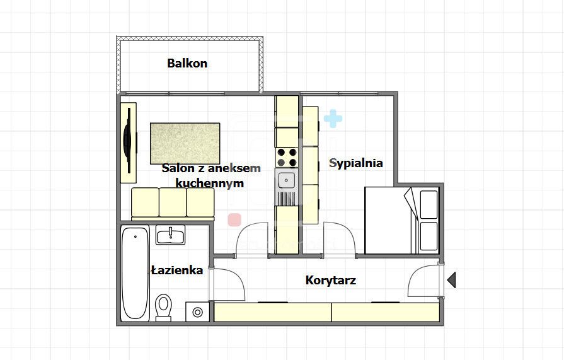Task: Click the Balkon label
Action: click(x=187, y=63)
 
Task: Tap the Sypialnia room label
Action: click(x=355, y=163)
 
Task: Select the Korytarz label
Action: click(x=330, y=280)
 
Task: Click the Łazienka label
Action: click(x=176, y=270)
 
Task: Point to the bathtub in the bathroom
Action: click(x=135, y=274)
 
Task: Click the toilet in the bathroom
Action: click(x=164, y=307)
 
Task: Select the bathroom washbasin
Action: click(x=170, y=236)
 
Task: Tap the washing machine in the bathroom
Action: click(x=198, y=311)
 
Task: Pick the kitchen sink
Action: click(x=287, y=181)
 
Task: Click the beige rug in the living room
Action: click(x=185, y=142)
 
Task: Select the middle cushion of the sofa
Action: click(x=173, y=202)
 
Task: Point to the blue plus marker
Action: click(x=333, y=118)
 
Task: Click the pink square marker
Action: click(x=234, y=219)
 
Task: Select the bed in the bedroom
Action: click(x=401, y=221)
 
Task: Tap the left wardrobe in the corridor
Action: click(x=272, y=312)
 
